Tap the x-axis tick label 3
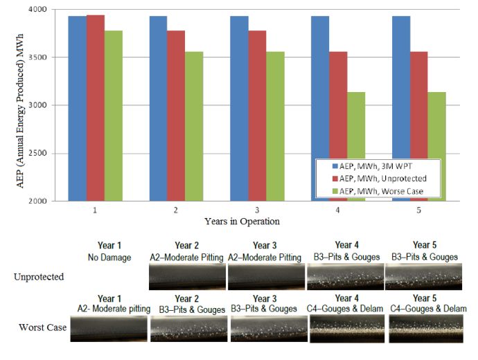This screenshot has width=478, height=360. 257,208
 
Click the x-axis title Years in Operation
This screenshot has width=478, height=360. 256,221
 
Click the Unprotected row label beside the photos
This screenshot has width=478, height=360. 39,276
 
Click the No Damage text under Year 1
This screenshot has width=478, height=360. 109,257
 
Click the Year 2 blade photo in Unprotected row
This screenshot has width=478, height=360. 186,276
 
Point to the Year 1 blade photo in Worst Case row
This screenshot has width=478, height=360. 109,328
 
